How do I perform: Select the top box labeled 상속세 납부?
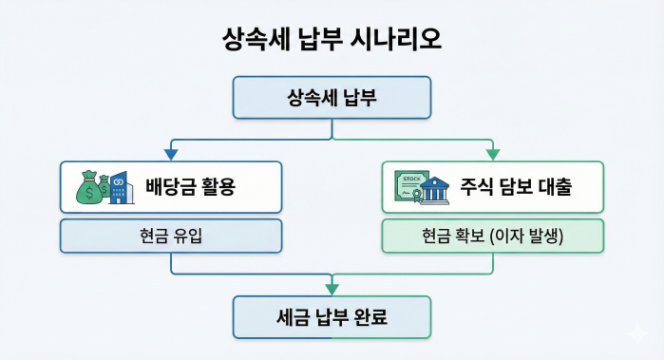(x=332, y=98)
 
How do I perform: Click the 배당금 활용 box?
(x=171, y=186)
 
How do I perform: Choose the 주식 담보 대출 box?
(x=492, y=186)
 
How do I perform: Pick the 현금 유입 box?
(x=171, y=237)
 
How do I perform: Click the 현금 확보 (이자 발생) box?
(x=492, y=237)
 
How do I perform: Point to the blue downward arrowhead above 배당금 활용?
(x=171, y=153)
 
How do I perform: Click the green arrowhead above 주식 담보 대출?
(x=492, y=153)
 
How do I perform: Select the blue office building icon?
(x=120, y=188)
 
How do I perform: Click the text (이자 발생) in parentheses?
(x=526, y=237)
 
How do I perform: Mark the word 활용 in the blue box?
(x=215, y=187)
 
